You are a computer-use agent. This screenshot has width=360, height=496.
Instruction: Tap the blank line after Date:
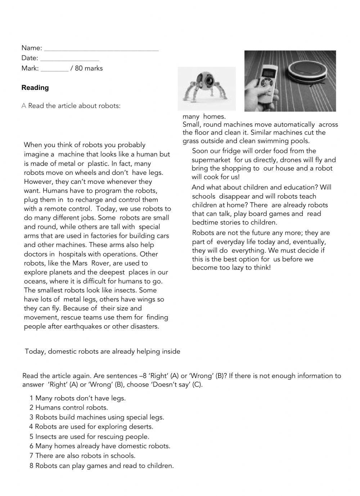(x=69, y=59)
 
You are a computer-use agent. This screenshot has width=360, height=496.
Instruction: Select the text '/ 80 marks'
(x=86, y=68)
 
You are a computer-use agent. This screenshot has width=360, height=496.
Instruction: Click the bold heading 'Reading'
(x=35, y=88)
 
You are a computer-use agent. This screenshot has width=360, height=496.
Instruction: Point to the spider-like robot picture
(x=206, y=87)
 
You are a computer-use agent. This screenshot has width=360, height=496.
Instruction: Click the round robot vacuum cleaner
(x=307, y=70)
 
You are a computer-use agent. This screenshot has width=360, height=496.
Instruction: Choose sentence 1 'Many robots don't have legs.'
(x=77, y=398)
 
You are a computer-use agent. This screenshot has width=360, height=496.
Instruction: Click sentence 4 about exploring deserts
(x=91, y=427)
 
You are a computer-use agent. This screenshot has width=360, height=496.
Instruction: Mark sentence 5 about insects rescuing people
(x=89, y=437)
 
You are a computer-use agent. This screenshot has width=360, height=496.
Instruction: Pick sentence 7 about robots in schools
(x=82, y=456)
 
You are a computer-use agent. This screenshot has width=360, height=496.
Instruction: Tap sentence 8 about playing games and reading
(x=102, y=466)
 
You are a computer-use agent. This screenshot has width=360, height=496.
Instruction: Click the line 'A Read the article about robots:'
(x=71, y=106)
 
